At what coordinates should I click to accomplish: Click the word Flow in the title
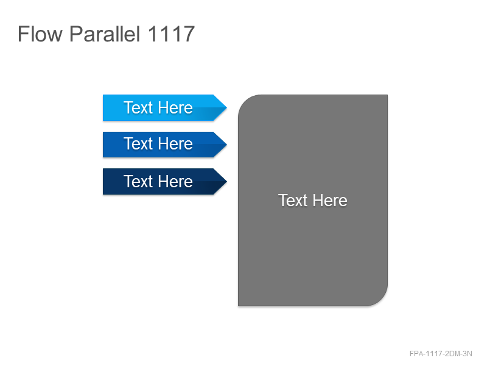point(40,34)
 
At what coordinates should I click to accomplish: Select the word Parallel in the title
point(105,34)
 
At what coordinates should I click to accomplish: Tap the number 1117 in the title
point(171,34)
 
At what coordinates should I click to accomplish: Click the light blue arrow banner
point(164,108)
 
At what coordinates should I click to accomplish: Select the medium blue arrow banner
point(164,145)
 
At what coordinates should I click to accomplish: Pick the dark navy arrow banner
point(164,181)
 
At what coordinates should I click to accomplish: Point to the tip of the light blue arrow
point(226,108)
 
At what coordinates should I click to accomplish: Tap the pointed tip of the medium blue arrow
point(226,145)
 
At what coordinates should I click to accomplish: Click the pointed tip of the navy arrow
point(226,181)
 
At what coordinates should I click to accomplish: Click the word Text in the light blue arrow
point(138,108)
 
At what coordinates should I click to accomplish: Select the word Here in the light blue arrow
point(175,108)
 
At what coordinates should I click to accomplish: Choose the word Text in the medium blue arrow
point(138,144)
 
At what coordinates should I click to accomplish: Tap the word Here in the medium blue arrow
point(175,144)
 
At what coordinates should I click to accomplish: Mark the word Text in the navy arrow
point(138,181)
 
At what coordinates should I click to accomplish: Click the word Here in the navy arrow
point(175,181)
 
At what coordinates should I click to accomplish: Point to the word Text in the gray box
point(293,201)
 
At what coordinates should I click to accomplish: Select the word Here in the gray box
point(330,201)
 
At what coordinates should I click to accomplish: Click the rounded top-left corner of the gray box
point(245,101)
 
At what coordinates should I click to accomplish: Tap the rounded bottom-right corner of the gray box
point(382,300)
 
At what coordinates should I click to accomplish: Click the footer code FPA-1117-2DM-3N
point(441,354)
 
